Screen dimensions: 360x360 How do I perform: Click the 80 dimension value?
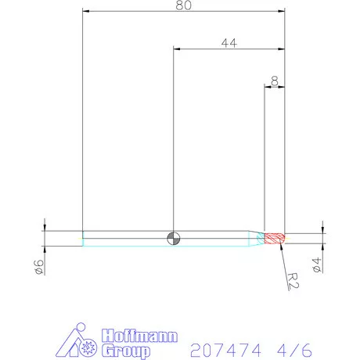point(184,5)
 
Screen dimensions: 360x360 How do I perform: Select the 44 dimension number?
point(229,43)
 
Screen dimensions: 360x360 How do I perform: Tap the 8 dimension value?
point(274,80)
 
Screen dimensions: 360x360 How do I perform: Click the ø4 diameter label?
point(316,265)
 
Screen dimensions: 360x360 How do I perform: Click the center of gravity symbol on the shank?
point(174,238)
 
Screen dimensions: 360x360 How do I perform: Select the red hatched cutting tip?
point(275,238)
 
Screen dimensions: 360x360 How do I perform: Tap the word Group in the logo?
point(125,348)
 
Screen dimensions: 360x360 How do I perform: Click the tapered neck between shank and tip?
point(257,238)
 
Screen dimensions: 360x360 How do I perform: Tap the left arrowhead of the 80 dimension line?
point(86,12)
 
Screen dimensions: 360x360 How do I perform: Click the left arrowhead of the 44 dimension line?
point(177,49)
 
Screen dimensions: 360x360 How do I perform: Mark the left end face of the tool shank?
point(83,238)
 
